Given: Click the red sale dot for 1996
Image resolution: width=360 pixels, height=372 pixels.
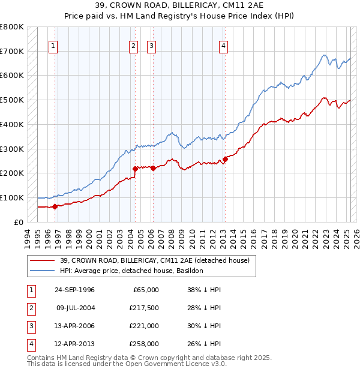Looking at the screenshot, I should tap(55, 206).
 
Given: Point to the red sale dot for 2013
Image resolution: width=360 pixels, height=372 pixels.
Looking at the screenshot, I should tap(226, 159).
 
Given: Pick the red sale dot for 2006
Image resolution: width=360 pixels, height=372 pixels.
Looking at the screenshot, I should tap(153, 168).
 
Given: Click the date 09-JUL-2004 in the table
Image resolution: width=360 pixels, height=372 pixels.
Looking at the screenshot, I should tap(75, 308).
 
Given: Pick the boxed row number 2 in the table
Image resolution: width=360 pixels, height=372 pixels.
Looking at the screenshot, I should tap(29, 308).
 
